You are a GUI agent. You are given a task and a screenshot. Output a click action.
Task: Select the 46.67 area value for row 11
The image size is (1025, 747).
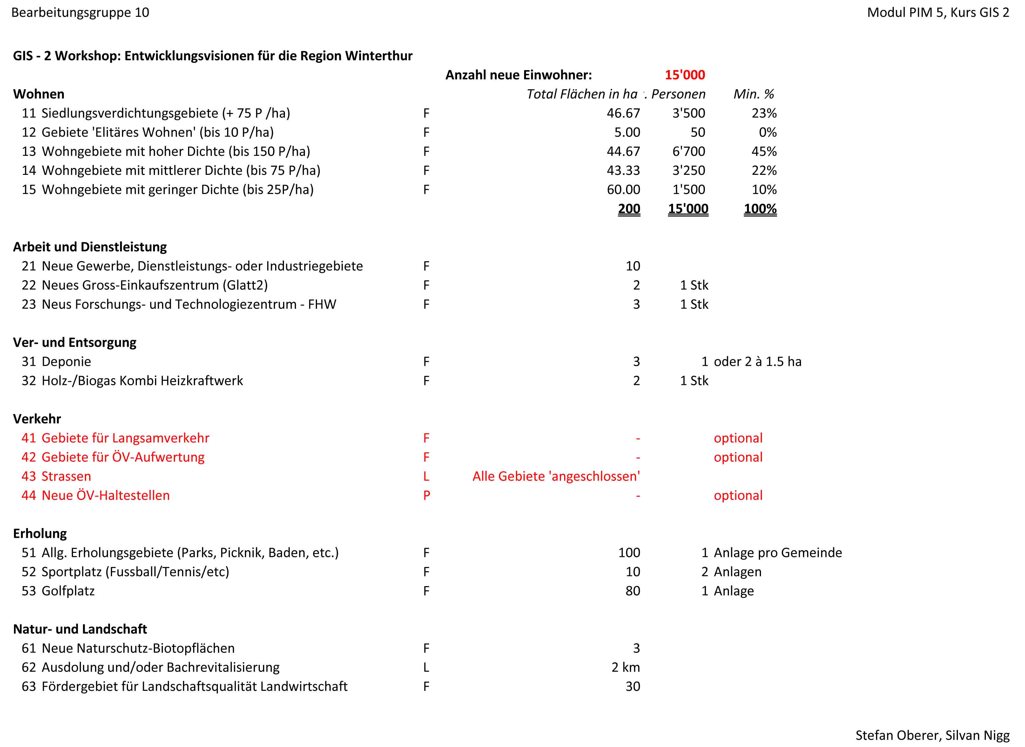pos(623,113)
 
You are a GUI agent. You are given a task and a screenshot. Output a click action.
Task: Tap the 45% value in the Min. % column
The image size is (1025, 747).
pos(764,151)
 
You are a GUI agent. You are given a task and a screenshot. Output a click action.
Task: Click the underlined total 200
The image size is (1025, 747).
pos(629,209)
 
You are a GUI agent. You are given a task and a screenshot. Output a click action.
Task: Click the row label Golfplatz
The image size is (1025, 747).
pos(68,591)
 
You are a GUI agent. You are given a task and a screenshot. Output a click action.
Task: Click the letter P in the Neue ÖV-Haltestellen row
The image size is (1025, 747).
pos(426,496)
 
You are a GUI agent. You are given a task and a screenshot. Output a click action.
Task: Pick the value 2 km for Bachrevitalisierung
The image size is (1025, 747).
pos(625,667)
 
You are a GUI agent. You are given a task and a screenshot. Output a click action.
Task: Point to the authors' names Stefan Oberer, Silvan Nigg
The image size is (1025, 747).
pos(932,735)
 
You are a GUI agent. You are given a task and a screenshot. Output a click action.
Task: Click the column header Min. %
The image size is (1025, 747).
pos(753,94)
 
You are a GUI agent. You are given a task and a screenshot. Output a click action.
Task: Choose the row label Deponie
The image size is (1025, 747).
pos(66,362)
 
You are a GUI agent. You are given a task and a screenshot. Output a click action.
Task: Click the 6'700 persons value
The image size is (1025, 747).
pos(688,151)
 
